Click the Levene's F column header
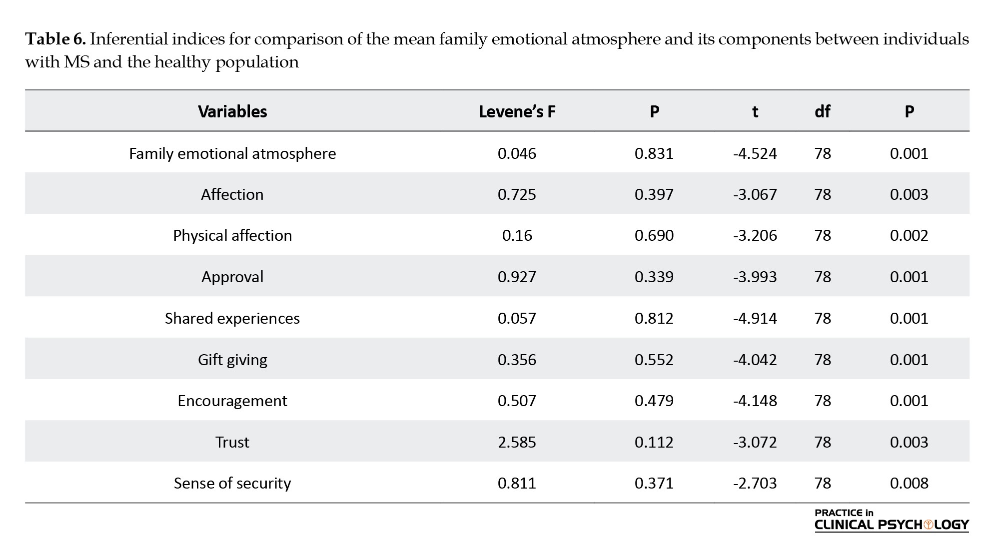click(x=517, y=111)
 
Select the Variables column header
click(x=232, y=111)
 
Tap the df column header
click(x=823, y=111)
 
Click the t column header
click(x=755, y=112)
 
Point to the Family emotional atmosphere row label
click(x=232, y=153)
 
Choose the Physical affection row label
click(x=232, y=235)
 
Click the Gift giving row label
click(x=232, y=360)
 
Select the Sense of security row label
click(x=232, y=484)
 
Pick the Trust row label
click(x=232, y=442)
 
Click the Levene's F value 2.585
click(x=517, y=442)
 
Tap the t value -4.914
click(x=755, y=318)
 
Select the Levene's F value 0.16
click(x=517, y=235)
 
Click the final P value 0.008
click(x=909, y=483)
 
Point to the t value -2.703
click(x=755, y=483)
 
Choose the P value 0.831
click(x=654, y=153)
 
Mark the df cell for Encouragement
click(x=823, y=401)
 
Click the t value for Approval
click(x=755, y=277)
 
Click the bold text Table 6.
click(x=56, y=39)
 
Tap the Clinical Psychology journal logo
click(x=892, y=520)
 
